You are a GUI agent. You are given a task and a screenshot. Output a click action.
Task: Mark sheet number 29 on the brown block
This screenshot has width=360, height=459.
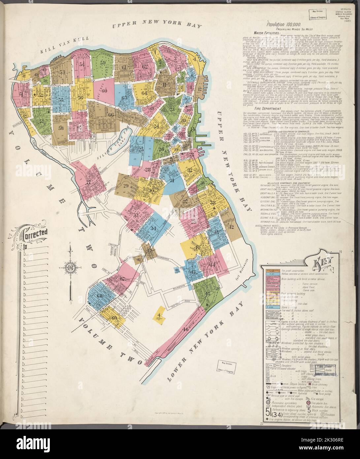[x=126, y=186]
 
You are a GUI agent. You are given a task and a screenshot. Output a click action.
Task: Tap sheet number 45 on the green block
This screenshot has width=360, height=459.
[x=208, y=294]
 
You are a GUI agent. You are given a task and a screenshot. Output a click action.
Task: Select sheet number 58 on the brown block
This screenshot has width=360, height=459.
[x=60, y=128]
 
